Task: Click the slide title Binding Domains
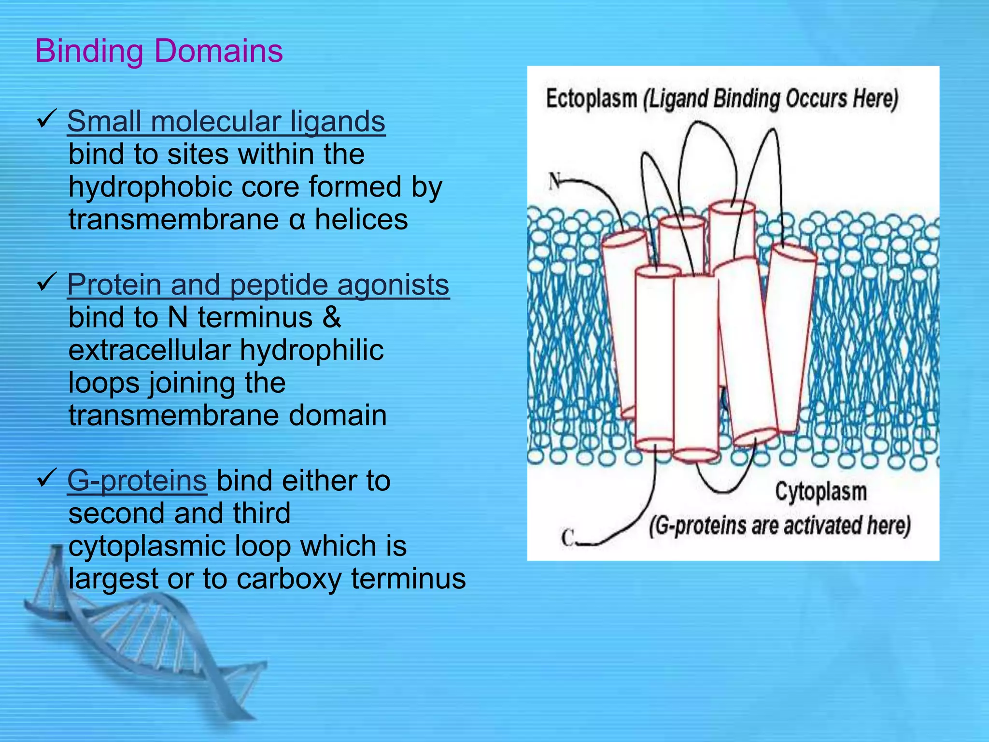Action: pyautogui.click(x=159, y=51)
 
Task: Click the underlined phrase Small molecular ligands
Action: pyautogui.click(x=226, y=121)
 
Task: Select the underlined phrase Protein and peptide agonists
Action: pyautogui.click(x=258, y=285)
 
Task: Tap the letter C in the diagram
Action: pyautogui.click(x=568, y=537)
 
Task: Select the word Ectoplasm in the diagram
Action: pyautogui.click(x=591, y=99)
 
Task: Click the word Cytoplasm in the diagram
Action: pyautogui.click(x=820, y=492)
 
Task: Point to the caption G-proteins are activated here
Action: pyautogui.click(x=779, y=526)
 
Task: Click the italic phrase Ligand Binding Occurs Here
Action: pyautogui.click(x=771, y=99)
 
